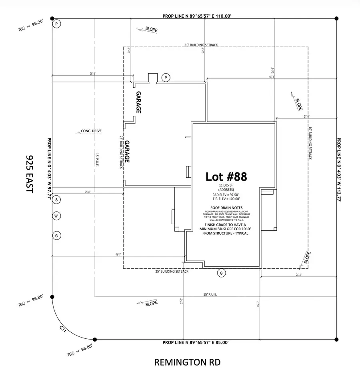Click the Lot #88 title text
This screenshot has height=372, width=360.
click(226, 176)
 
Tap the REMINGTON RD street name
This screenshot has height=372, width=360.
click(187, 362)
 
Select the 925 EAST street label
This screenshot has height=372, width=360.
click(28, 175)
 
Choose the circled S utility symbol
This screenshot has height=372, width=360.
click(57, 199)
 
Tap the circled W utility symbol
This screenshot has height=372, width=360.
click(57, 216)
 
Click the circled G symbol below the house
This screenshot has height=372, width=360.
click(220, 273)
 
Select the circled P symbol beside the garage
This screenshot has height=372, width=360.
click(165, 77)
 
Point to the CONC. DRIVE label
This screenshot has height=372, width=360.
click(91, 131)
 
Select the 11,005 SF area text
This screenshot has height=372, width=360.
click(226, 185)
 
